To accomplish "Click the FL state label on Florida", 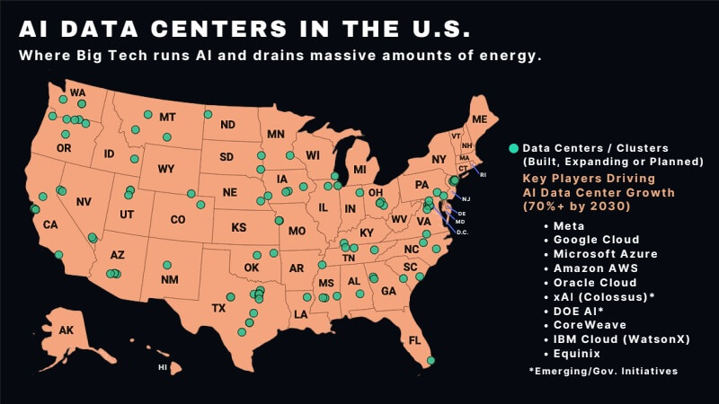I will click(x=414, y=340).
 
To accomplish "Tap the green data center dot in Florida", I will click(x=431, y=360).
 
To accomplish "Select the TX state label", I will click(x=218, y=308).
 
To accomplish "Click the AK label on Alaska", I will click(x=67, y=330).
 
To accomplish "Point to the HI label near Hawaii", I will click(x=163, y=367).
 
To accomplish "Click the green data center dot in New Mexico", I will click(x=167, y=265).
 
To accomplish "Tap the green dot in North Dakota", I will click(x=208, y=114).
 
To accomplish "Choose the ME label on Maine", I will click(x=479, y=119).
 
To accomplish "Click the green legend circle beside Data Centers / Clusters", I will click(x=513, y=147).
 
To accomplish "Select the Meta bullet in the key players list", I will click(x=568, y=225).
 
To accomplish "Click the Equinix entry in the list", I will click(x=578, y=354).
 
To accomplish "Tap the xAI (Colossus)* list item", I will click(x=604, y=296).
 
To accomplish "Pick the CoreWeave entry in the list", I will click(x=590, y=325).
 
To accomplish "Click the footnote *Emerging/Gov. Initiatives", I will click(x=603, y=371).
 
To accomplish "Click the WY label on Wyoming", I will click(x=165, y=169).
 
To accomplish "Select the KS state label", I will click(x=238, y=228).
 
